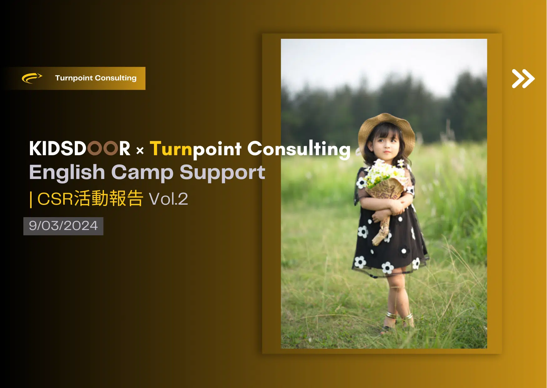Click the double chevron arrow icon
click(x=523, y=79)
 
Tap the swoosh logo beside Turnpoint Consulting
click(x=32, y=78)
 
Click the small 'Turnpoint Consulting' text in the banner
click(x=96, y=78)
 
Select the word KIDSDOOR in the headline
click(x=79, y=148)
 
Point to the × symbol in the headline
click(x=140, y=151)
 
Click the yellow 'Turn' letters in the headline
click(x=171, y=148)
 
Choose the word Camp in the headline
click(x=142, y=173)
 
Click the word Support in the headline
click(x=222, y=173)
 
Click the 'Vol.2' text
click(x=168, y=199)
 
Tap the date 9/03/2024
click(x=63, y=226)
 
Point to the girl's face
click(x=387, y=145)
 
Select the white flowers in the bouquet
click(x=384, y=173)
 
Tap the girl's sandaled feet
click(x=397, y=322)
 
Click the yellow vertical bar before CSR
click(x=31, y=199)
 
